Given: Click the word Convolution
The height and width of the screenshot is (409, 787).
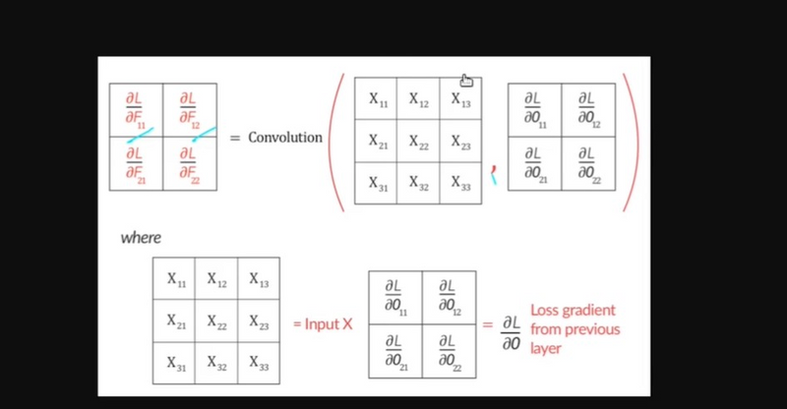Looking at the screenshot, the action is [285, 137].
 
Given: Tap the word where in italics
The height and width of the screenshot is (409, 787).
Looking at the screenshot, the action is [141, 237].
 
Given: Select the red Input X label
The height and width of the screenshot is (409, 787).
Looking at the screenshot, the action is [324, 324].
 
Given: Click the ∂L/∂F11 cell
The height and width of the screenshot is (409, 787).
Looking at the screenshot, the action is [136, 110].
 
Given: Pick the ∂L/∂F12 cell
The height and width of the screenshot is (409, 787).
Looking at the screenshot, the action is [190, 110].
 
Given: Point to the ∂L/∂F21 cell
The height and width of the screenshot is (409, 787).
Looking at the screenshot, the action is [136, 163].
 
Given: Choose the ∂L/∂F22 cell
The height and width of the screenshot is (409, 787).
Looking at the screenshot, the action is [190, 163].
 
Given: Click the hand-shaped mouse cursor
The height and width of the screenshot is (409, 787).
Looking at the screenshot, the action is [466, 81].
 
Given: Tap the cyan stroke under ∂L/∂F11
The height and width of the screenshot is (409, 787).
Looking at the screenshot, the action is [140, 136].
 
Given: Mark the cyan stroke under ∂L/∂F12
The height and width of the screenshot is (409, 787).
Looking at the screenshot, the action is [204, 134].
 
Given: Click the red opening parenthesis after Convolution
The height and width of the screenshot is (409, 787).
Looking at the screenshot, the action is [337, 143].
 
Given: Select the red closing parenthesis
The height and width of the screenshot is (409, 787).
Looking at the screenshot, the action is [632, 143].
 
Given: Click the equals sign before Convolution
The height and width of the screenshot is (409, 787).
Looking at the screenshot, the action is [235, 138].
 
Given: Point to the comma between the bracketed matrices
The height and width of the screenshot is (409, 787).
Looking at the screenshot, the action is [494, 175].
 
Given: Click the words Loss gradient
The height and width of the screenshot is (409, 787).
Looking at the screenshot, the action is [573, 310].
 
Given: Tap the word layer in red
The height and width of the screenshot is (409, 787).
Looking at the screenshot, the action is [546, 349].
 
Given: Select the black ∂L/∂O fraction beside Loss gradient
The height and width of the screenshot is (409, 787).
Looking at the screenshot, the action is [512, 332].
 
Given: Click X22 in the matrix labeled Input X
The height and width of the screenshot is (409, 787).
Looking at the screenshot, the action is [216, 321].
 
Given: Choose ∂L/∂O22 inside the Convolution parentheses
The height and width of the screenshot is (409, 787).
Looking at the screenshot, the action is [588, 163].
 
